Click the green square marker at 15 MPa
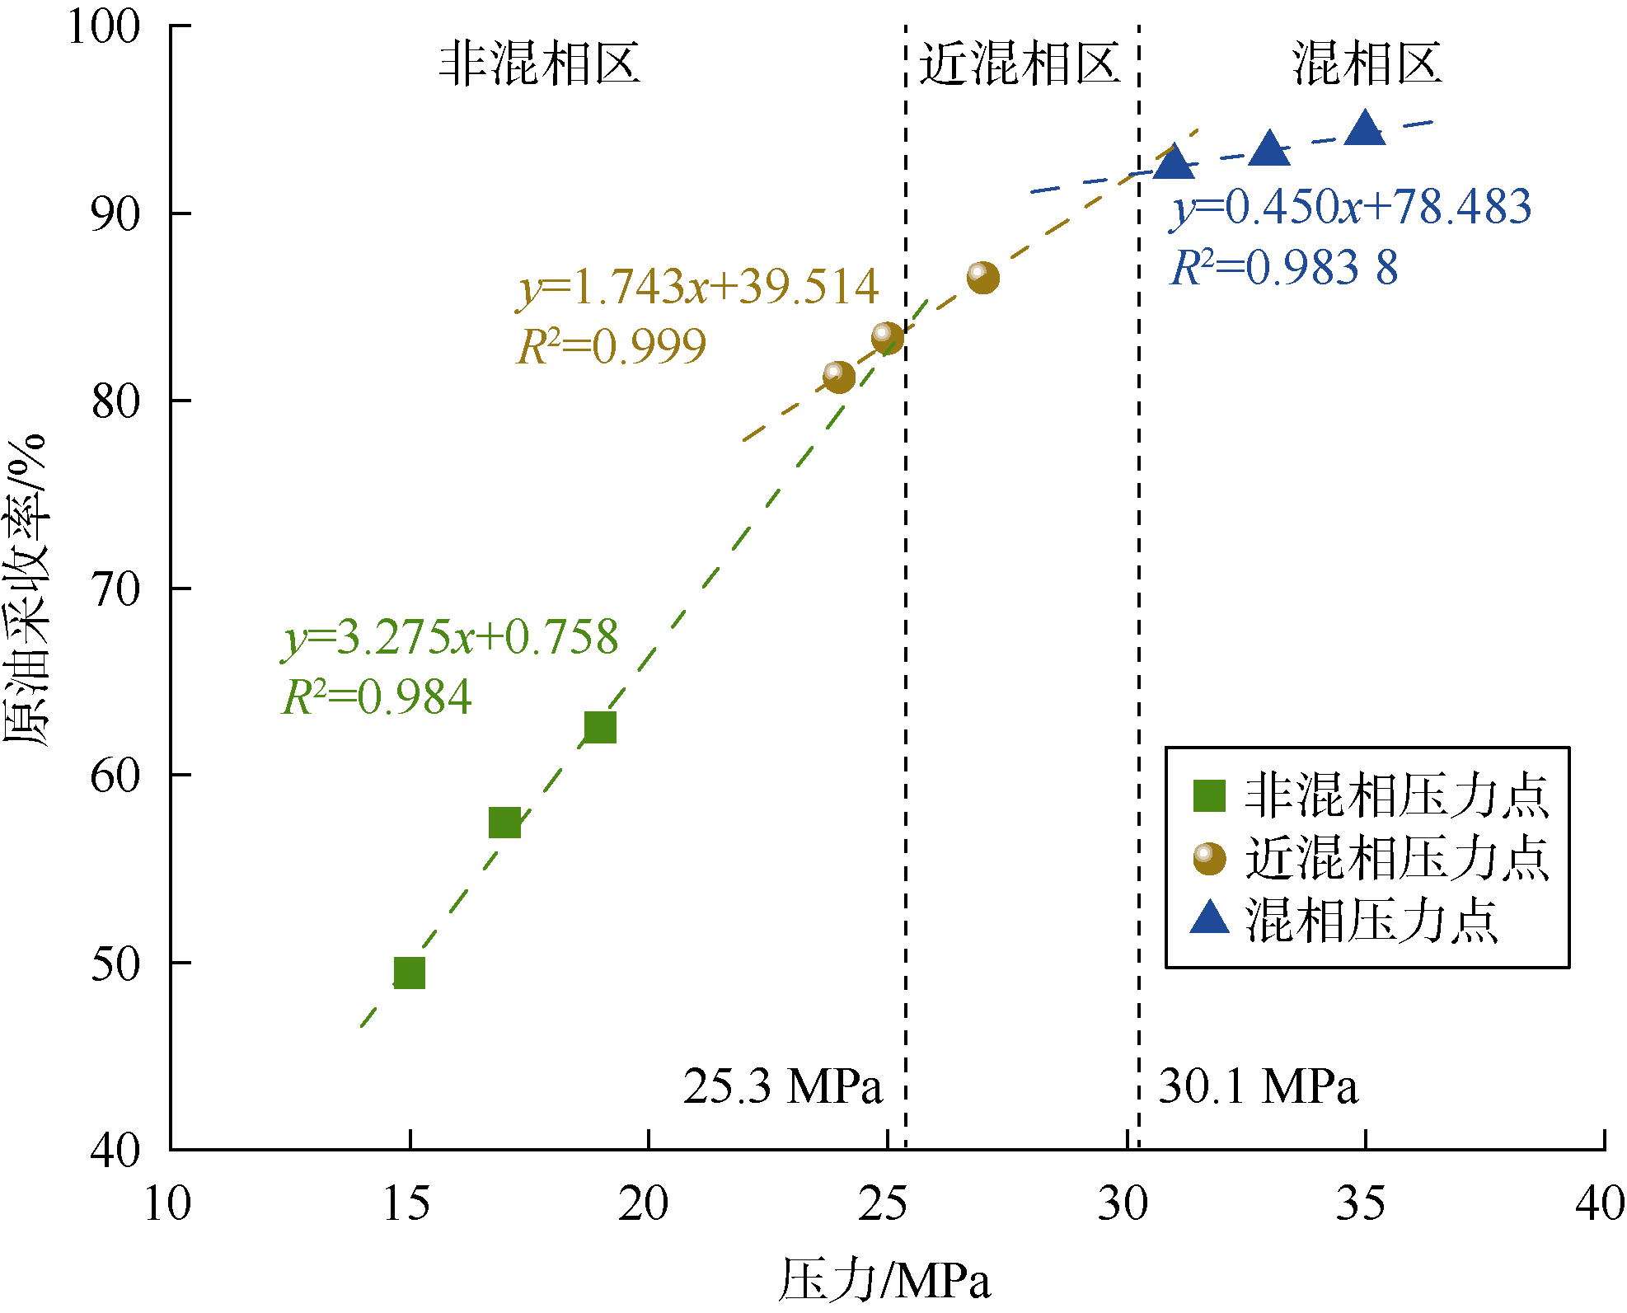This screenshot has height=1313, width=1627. pyautogui.click(x=409, y=973)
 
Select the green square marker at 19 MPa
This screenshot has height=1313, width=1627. pyautogui.click(x=600, y=727)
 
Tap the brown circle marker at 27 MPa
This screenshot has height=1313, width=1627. pyautogui.click(x=982, y=278)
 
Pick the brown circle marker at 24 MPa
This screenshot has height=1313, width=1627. pyautogui.click(x=839, y=377)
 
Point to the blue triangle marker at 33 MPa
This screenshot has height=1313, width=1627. pyautogui.click(x=1269, y=149)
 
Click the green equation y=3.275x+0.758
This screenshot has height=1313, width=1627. pyautogui.click(x=450, y=638)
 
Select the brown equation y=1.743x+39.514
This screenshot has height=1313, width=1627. pyautogui.click(x=698, y=287)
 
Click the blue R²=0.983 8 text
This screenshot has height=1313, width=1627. pyautogui.click(x=1285, y=268)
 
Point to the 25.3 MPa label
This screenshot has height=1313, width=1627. pyautogui.click(x=782, y=1086)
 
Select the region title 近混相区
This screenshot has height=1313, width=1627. pyautogui.click(x=1020, y=63)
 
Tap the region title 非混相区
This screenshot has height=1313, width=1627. pyautogui.click(x=540, y=63)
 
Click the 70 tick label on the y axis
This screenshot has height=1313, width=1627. pyautogui.click(x=116, y=589)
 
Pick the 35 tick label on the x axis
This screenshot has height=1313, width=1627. pyautogui.click(x=1361, y=1204)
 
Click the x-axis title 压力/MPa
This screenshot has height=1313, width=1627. pyautogui.click(x=884, y=1280)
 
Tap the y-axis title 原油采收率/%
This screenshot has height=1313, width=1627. pyautogui.click(x=26, y=589)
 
